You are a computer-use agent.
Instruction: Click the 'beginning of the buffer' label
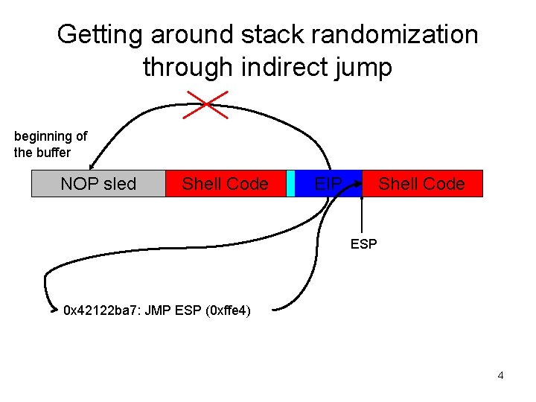[51, 144]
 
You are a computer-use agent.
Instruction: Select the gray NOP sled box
[98, 184]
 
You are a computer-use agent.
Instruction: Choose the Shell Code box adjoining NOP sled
[225, 184]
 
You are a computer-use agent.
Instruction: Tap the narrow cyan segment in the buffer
[291, 184]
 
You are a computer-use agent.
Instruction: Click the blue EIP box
[328, 184]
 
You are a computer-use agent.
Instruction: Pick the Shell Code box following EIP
[421, 184]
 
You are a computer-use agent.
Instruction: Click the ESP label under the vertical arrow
[363, 243]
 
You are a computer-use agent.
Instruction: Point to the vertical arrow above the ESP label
[363, 216]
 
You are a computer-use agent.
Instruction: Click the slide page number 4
[500, 375]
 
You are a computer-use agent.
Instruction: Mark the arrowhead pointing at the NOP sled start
[92, 167]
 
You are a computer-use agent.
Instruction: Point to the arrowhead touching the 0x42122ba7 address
[56, 310]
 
